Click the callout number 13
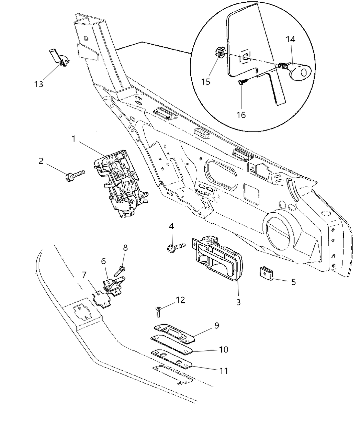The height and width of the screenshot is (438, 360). (x=39, y=84)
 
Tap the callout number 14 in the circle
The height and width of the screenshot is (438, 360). (x=290, y=39)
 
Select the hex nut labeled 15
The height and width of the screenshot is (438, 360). (x=220, y=53)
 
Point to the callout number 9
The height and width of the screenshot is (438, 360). (x=217, y=325)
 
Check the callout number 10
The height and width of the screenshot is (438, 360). (x=223, y=349)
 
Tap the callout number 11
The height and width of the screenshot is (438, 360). (x=223, y=371)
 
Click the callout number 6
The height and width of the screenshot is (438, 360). (x=103, y=261)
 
